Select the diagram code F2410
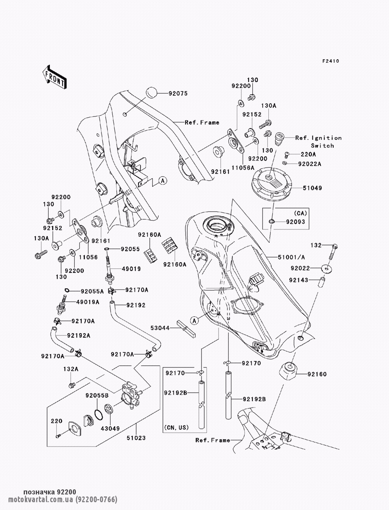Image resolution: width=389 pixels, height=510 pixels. click(x=331, y=61)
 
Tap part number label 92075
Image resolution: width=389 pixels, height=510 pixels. click(x=178, y=94)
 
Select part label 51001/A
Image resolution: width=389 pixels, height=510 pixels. click(x=291, y=257)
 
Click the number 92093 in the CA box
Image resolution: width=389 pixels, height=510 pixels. click(x=295, y=222)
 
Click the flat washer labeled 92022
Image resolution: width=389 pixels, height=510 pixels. click(x=327, y=269)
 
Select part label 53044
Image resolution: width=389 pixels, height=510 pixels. click(x=160, y=328)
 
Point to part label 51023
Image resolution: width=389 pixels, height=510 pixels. click(x=136, y=438)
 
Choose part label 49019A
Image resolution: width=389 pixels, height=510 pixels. click(x=88, y=302)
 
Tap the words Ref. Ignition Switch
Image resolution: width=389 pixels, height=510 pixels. click(x=319, y=142)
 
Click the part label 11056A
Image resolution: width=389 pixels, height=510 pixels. click(x=243, y=168)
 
